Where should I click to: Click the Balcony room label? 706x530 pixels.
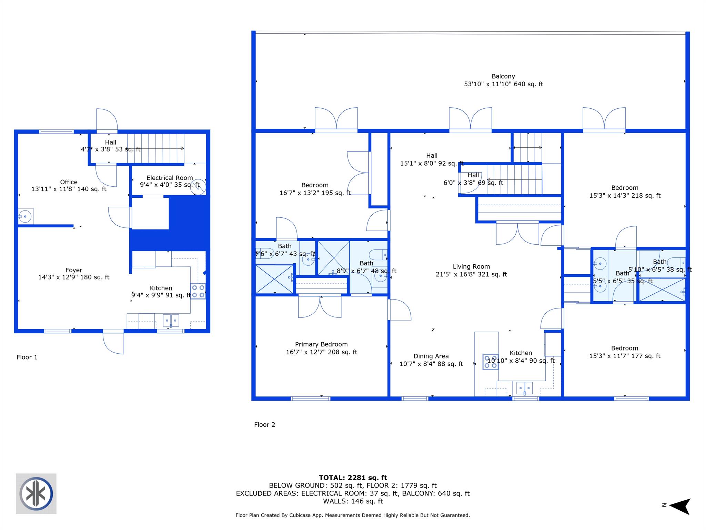tap(503, 77)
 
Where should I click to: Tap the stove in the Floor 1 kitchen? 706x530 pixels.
tap(198, 291)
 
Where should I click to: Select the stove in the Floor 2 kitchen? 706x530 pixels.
tap(490, 362)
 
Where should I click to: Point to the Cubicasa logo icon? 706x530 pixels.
tap(36, 494)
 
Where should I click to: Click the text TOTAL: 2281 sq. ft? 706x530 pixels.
tap(353, 478)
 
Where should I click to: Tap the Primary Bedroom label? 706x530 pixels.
tap(321, 344)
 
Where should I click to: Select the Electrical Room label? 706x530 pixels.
tap(169, 178)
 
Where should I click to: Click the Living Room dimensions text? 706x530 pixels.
tap(471, 275)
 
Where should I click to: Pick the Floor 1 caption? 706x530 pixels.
tap(27, 357)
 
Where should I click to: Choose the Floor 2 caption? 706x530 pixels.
tap(264, 425)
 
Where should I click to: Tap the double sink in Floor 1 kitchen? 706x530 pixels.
tap(171, 321)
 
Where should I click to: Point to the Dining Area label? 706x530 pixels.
tap(431, 356)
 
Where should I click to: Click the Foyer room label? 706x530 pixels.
tap(74, 270)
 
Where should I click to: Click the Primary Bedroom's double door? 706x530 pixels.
tap(320, 306)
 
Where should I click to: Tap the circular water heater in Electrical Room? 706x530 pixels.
tap(199, 186)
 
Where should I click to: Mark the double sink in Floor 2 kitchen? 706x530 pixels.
tap(524, 388)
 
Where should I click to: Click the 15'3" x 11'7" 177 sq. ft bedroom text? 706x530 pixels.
tap(624, 356)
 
